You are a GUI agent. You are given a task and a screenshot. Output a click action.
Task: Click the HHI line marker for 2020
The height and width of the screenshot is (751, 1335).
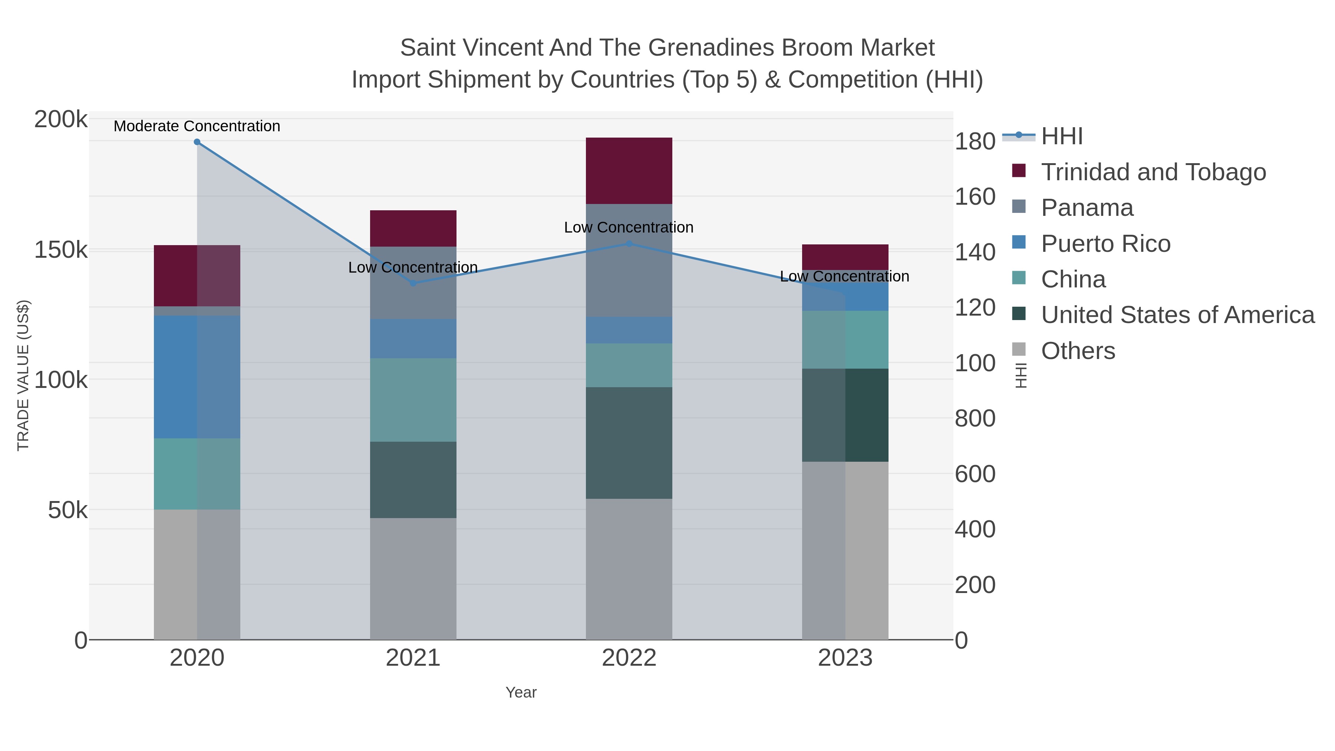[x=197, y=142]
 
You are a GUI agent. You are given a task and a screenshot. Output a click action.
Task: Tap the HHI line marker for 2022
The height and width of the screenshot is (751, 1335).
[x=629, y=244]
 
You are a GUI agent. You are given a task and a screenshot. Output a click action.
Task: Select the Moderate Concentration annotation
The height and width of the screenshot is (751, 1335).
[x=197, y=126]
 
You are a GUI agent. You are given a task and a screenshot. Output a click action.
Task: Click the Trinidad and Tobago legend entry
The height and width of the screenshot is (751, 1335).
[x=1153, y=172]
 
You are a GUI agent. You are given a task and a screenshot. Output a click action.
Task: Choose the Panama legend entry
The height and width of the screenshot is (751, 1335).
[x=1087, y=208]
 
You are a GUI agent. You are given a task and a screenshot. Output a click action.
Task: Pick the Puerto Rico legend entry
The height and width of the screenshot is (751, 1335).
[x=1105, y=244]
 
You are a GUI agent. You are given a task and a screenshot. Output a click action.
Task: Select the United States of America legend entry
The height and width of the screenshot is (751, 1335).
[x=1177, y=315]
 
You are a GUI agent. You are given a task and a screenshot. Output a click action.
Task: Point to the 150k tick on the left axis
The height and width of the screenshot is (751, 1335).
[x=61, y=250]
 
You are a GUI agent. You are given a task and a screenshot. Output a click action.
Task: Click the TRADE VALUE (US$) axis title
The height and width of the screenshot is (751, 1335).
[x=23, y=375]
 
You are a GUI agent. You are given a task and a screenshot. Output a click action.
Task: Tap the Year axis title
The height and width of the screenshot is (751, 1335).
[x=521, y=692]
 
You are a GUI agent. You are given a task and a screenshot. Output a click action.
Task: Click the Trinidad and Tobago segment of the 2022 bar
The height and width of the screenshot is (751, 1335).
[x=629, y=171]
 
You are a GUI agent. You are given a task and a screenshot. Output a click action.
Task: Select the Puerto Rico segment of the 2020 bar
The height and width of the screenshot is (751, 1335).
[x=197, y=377]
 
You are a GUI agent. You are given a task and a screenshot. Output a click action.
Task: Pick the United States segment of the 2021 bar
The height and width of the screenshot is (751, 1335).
[x=413, y=480]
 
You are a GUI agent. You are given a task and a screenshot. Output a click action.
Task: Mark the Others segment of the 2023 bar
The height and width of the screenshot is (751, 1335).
[x=845, y=550]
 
